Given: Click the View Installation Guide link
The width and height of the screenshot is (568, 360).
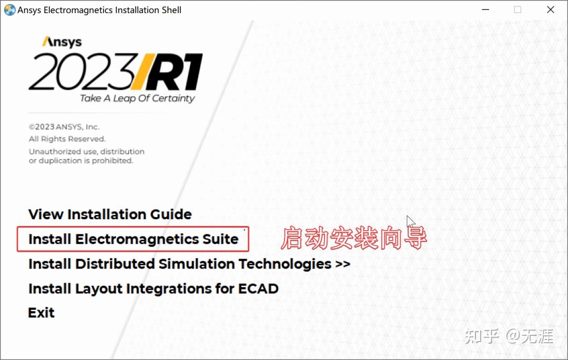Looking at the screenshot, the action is [110, 214].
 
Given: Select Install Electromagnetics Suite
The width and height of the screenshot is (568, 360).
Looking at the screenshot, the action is [133, 239].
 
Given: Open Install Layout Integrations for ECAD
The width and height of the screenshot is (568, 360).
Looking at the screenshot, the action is [153, 289].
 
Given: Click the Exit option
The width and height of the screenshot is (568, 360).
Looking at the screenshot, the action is [42, 313].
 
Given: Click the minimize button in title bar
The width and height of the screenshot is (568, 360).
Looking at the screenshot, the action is [485, 10].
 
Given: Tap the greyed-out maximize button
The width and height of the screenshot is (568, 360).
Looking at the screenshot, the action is [518, 10].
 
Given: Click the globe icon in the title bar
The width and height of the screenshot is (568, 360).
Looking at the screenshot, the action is [10, 10].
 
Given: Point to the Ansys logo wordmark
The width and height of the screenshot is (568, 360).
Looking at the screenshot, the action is [62, 42].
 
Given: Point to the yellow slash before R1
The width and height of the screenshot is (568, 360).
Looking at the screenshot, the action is [142, 71].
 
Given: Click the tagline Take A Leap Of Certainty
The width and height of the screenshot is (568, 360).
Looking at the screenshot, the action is [137, 98].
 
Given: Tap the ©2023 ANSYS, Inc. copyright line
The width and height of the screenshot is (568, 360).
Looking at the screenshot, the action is [64, 127].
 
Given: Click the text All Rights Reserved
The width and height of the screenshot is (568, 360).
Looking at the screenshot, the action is [67, 139].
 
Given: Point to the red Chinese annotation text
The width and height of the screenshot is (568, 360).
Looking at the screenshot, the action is [354, 238].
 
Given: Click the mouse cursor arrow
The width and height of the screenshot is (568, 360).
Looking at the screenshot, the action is [410, 221].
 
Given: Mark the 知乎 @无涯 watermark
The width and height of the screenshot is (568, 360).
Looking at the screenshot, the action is [509, 336].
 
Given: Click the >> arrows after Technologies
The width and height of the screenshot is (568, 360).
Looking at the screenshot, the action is [343, 264].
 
